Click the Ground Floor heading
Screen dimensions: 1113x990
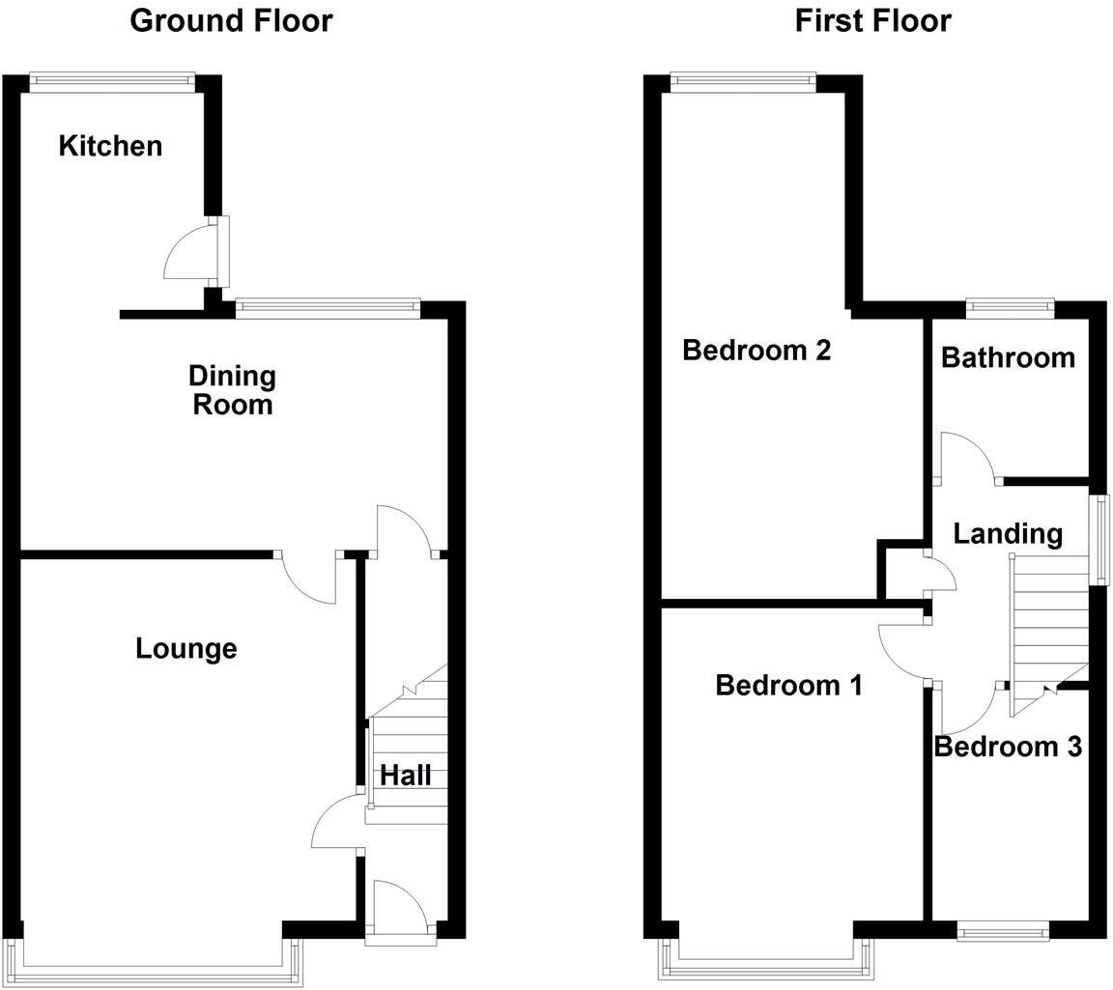point(231,20)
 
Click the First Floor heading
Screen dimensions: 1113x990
point(872,20)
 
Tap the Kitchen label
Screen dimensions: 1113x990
point(110,146)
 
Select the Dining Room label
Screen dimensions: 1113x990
point(232,389)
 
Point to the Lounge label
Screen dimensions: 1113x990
point(186,648)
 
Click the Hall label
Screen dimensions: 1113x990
point(406,775)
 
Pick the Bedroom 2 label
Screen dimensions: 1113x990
point(756,350)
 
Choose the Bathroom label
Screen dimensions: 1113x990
point(1008,357)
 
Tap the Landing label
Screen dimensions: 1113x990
point(1008,533)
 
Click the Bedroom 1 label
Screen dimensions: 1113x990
point(789,686)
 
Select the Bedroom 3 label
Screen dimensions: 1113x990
point(1008,747)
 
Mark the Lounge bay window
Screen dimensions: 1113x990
point(155,961)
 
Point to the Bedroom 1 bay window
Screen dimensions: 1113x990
point(767,961)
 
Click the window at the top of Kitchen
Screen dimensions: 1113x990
point(112,83)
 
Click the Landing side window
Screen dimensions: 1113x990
point(1099,539)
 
